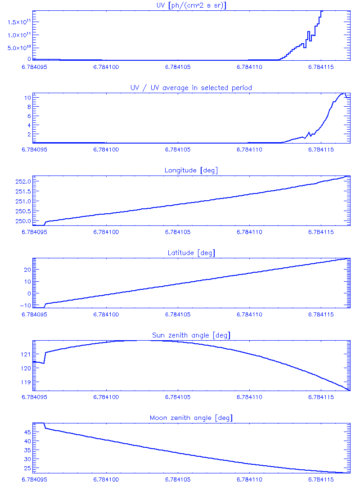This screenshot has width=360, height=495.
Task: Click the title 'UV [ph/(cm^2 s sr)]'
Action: [x=191, y=5]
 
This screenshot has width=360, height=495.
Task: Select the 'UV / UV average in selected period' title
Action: [x=191, y=88]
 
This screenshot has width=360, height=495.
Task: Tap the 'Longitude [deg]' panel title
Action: [x=191, y=171]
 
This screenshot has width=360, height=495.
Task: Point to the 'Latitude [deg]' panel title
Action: [x=191, y=253]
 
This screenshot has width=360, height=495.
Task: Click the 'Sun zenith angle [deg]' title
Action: [x=191, y=336]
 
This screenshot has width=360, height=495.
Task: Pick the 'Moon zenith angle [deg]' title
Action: [x=191, y=418]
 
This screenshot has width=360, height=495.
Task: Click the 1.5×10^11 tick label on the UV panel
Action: [x=18, y=22]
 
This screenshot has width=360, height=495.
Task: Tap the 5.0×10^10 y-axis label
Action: [x=18, y=48]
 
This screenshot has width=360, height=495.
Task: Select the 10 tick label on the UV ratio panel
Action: [x=27, y=97]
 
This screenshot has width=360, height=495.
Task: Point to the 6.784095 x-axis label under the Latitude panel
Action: [x=35, y=315]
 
